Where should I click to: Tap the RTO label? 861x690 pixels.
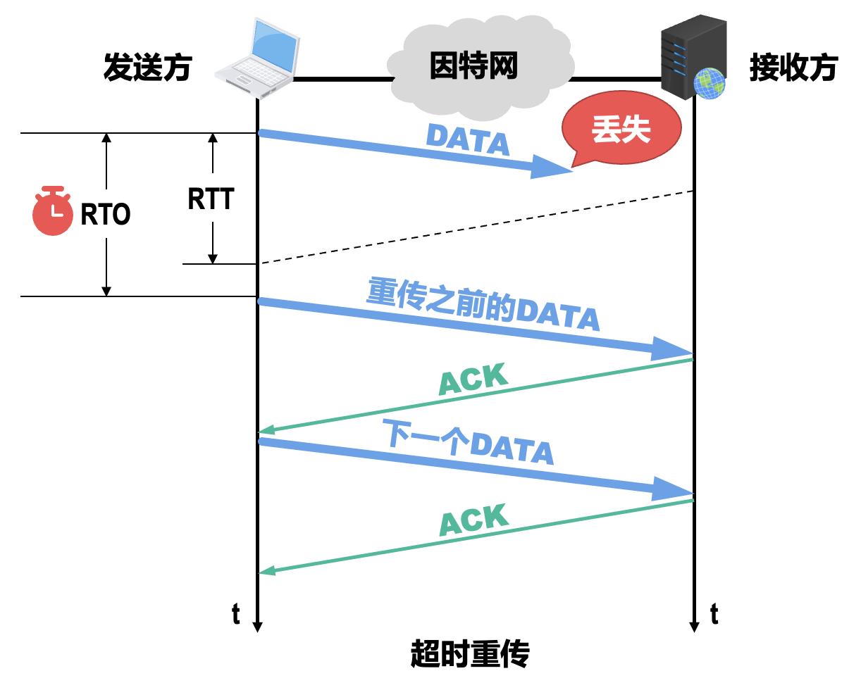pos(106,214)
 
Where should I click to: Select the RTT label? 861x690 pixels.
pos(211,199)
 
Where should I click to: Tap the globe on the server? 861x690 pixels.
pos(709,83)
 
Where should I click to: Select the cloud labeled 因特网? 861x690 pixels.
pos(473,67)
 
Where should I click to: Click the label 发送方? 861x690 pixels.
pos(147,68)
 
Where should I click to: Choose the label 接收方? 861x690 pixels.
pos(793,68)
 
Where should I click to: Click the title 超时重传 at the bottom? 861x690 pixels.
pos(470,653)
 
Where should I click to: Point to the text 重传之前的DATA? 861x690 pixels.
pos(483,305)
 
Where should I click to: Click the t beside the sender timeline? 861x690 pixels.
pos(236,614)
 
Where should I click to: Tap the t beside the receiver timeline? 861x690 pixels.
pos(714,614)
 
